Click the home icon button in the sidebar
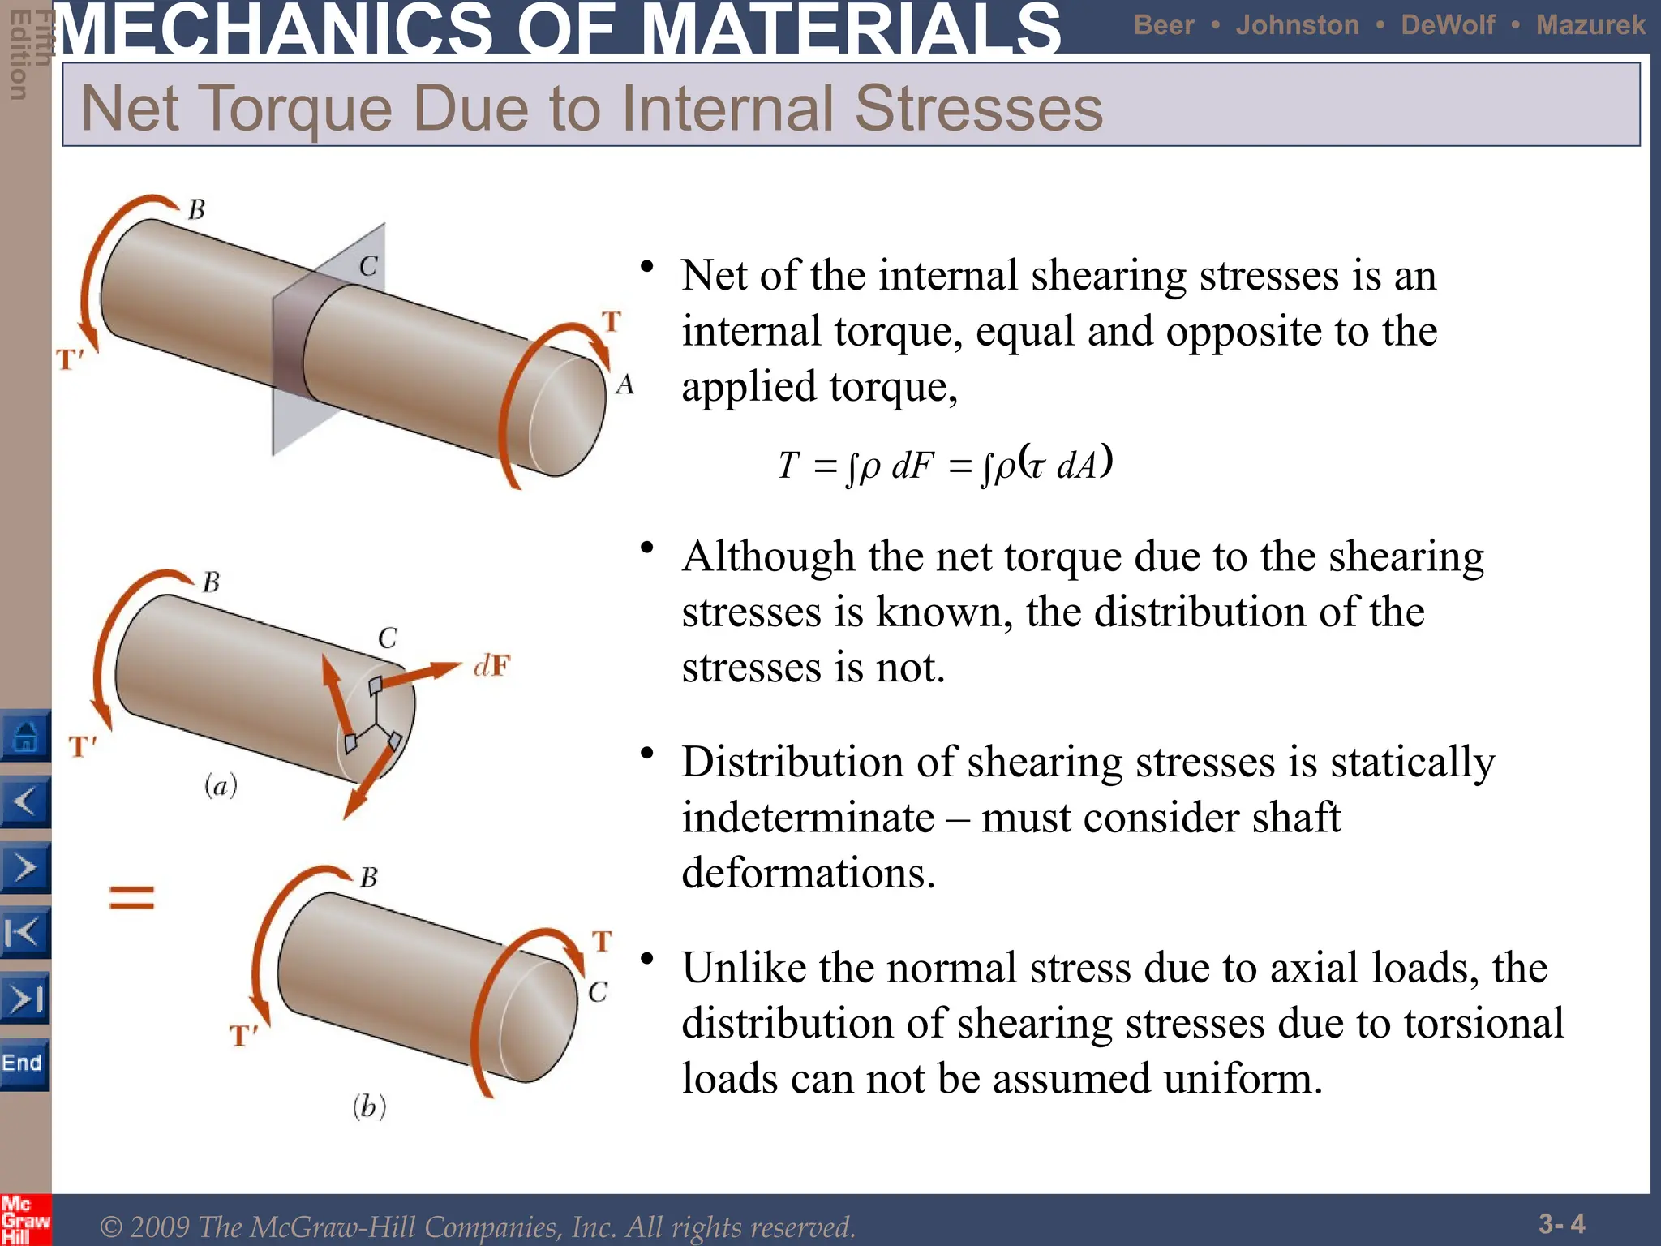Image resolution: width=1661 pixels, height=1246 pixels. [25, 737]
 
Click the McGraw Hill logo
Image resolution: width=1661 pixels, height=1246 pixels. [24, 1219]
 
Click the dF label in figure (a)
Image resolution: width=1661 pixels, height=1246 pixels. [491, 667]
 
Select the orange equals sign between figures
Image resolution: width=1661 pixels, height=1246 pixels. [131, 897]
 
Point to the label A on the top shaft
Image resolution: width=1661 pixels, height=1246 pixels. [624, 385]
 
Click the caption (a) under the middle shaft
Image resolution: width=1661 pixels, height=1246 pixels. [221, 785]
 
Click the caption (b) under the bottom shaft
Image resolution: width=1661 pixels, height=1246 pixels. [369, 1106]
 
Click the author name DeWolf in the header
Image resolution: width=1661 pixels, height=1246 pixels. [1448, 25]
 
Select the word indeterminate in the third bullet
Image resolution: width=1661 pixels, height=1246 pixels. [808, 817]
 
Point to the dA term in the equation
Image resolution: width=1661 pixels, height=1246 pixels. [1077, 466]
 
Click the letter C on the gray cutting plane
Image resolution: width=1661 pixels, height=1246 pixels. [368, 266]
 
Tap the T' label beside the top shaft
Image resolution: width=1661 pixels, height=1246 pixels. [71, 359]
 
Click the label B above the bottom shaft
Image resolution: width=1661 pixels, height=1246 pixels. [369, 878]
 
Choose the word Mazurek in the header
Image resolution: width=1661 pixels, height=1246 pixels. [1590, 25]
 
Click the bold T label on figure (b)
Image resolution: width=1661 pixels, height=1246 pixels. [601, 942]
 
